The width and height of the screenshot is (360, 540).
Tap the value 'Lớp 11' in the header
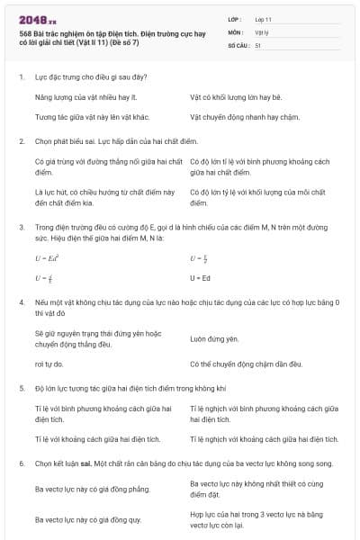pyautogui.click(x=264, y=19)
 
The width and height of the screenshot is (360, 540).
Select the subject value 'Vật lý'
pyautogui.click(x=263, y=31)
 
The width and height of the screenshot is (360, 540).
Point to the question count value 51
pyautogui.click(x=258, y=45)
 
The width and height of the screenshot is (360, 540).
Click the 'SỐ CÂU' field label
pyautogui.click(x=238, y=45)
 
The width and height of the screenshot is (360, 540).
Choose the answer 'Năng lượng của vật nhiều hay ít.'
pyautogui.click(x=80, y=94)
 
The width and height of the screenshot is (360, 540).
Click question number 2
pyautogui.click(x=21, y=141)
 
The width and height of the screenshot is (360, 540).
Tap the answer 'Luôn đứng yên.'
pyautogui.click(x=214, y=339)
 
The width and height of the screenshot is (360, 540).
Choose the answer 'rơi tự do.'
pyautogui.click(x=49, y=364)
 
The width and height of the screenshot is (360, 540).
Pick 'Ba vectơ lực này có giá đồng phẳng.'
pyautogui.click(x=87, y=488)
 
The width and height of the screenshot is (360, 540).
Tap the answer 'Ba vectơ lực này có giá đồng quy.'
pyautogui.click(x=87, y=519)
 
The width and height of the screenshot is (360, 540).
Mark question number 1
pyautogui.click(x=21, y=76)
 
